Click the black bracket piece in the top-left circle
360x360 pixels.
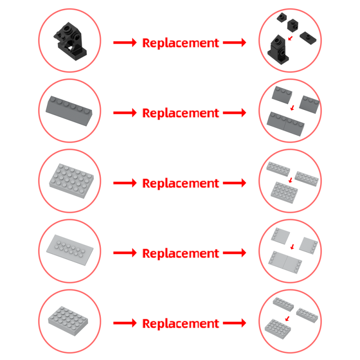tap(70, 42)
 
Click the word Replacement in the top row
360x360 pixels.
tap(181, 43)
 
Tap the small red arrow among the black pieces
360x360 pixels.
tap(290, 38)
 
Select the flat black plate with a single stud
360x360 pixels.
tap(308, 38)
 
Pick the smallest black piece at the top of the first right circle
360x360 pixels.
tap(282, 18)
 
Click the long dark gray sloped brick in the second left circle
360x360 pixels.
tap(69, 111)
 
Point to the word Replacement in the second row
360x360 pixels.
tap(181, 113)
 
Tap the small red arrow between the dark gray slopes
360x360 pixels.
tap(292, 108)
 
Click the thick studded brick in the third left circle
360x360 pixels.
tap(72, 181)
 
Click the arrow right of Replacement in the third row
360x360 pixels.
tap(234, 183)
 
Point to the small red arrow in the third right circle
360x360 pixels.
tap(291, 180)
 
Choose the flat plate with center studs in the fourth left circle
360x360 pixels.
tap(70, 250)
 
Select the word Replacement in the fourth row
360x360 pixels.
tap(181, 253)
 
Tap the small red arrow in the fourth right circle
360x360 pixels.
tap(292, 247)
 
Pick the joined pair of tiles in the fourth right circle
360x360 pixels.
tap(285, 262)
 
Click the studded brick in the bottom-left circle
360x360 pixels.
tap(68, 321)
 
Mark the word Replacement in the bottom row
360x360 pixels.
tap(181, 324)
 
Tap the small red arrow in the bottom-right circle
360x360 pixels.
tap(287, 319)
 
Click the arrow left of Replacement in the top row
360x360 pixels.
tap(125, 43)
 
